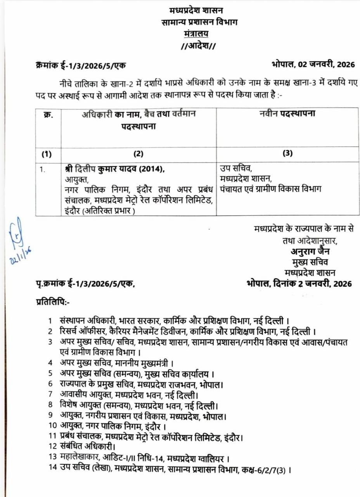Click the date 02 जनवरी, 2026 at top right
325,65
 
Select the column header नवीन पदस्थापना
287,114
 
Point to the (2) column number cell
138,154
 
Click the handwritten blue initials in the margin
17,235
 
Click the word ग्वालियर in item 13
213,458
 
